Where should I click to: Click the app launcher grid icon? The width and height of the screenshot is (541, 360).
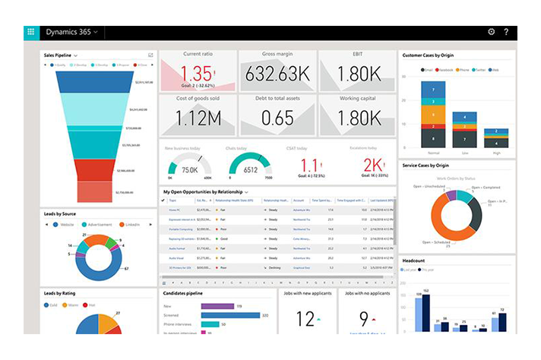[31, 33]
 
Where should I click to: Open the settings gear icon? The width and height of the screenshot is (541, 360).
[491, 33]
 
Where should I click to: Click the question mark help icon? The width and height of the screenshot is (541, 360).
[506, 33]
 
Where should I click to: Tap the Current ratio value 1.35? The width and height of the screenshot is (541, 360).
[197, 74]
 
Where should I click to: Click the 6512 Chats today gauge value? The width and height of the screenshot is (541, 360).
[250, 170]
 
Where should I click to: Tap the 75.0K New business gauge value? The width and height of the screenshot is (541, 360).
[190, 170]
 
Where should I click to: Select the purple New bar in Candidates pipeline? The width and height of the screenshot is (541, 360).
[217, 305]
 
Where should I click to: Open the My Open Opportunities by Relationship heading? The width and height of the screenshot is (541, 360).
[203, 192]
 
